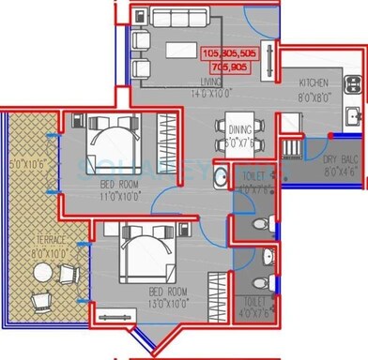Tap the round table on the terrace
pyautogui.click(x=42, y=273)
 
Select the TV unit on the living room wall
pyautogui.click(x=272, y=57)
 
